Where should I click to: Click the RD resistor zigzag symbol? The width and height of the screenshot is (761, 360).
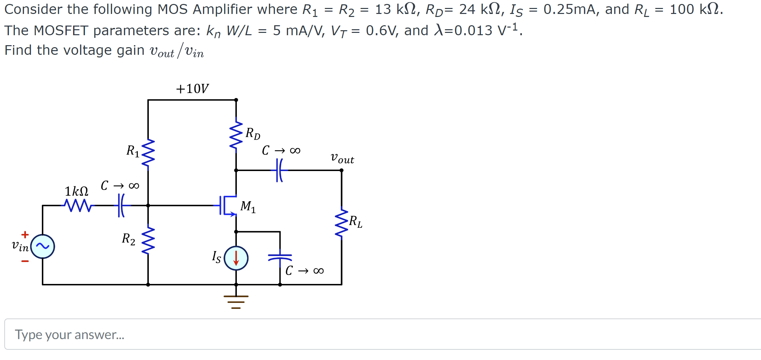click(x=236, y=135)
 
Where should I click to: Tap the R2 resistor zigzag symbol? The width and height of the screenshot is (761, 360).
click(x=148, y=240)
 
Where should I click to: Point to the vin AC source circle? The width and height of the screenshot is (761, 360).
click(x=43, y=246)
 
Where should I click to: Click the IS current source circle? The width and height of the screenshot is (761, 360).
click(x=236, y=258)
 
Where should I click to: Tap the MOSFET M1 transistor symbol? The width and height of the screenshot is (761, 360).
click(x=228, y=206)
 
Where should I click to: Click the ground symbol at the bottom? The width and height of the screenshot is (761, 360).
click(x=236, y=302)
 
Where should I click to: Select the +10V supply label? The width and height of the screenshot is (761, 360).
click(x=192, y=89)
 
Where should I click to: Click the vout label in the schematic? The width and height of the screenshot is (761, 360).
click(x=342, y=158)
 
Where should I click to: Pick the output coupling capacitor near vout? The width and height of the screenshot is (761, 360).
click(x=280, y=170)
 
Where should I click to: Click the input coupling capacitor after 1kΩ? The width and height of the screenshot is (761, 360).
click(x=122, y=206)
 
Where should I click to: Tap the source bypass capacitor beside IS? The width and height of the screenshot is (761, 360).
click(x=280, y=257)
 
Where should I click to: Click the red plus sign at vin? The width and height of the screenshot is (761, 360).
click(x=25, y=235)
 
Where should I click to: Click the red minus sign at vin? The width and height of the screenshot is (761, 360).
click(x=25, y=261)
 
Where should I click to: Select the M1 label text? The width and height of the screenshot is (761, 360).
click(x=248, y=207)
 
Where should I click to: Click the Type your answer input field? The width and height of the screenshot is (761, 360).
click(x=382, y=334)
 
